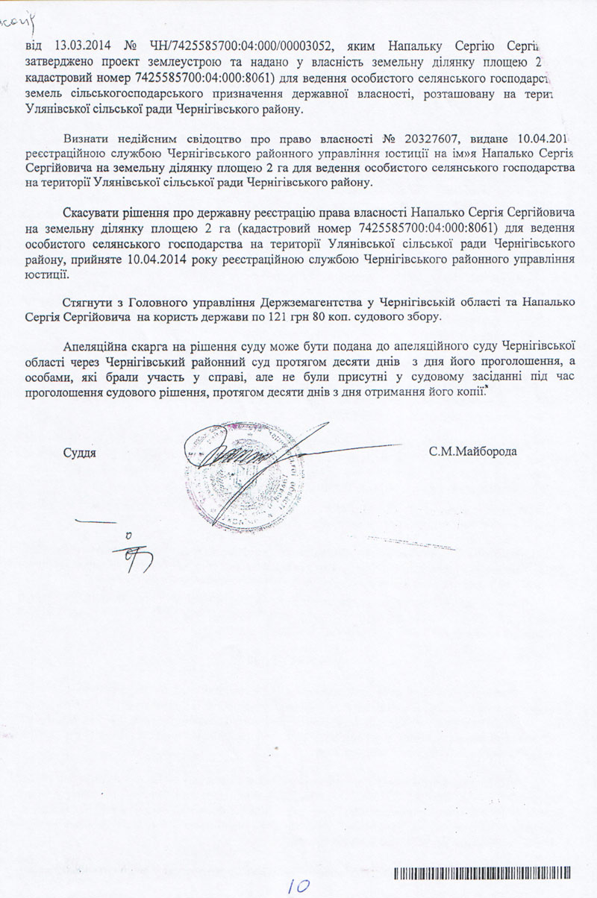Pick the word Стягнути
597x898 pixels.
pos(90,301)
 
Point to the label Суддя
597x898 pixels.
pos(81,452)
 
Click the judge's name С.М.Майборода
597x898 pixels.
pos(472,452)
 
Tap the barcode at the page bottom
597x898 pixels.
pos(484,873)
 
